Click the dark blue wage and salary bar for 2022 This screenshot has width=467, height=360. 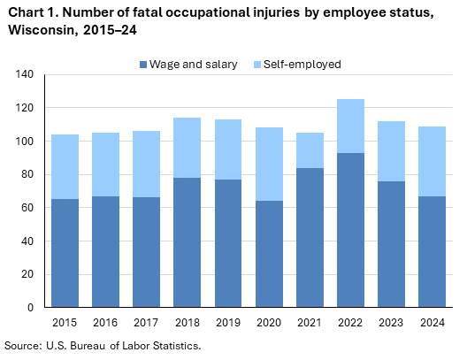point(349,230)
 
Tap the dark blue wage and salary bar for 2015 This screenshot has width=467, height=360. point(65,253)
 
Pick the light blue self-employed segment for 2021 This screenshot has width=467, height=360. point(310,150)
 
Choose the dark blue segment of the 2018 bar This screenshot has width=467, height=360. point(188,242)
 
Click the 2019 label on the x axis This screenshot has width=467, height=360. point(228,323)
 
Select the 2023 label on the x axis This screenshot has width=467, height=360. point(390,323)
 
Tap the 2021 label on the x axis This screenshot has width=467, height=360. point(310,323)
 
